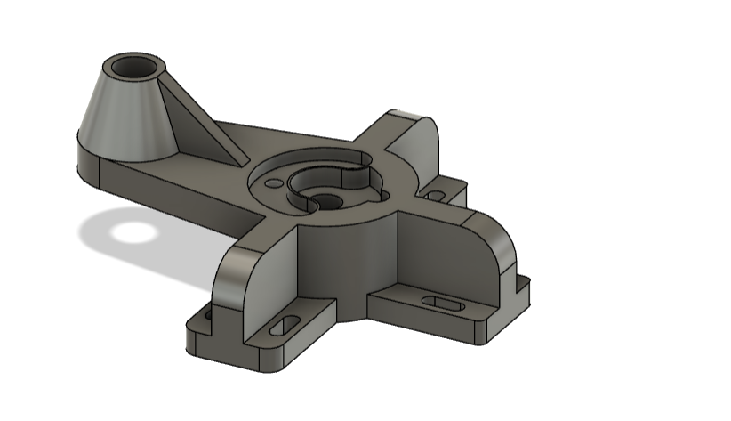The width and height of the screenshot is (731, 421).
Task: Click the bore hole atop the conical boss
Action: [x=134, y=68]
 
